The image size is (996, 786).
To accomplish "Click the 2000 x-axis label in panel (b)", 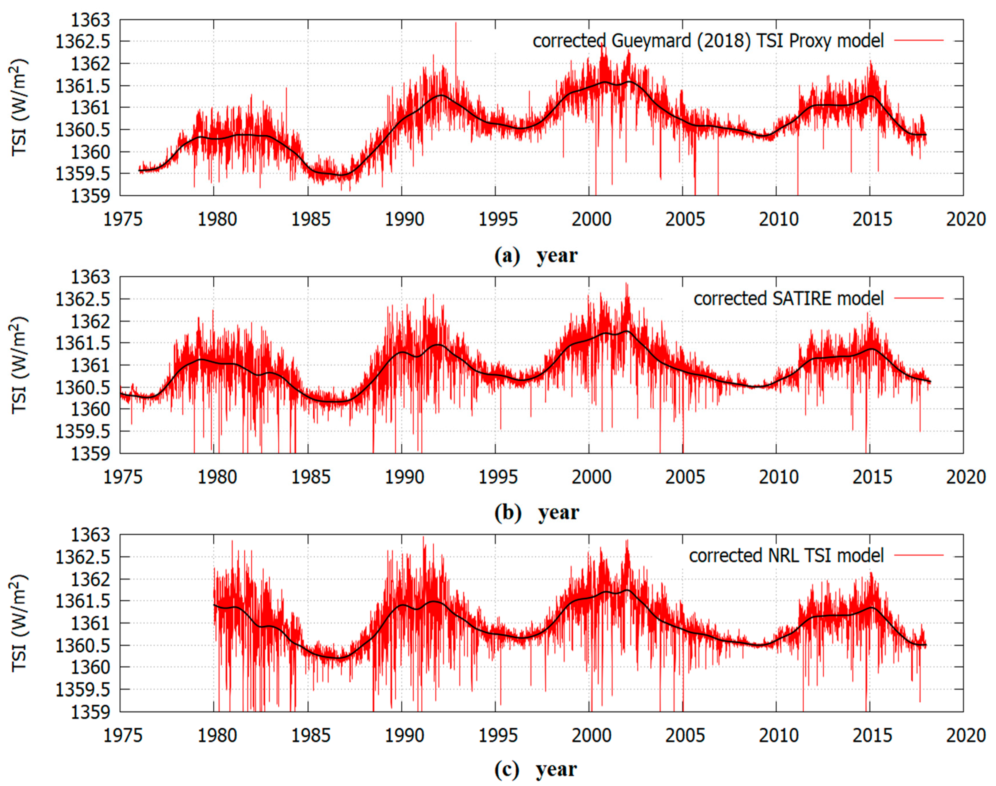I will click(591, 477).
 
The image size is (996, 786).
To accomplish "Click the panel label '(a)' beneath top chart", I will click(507, 256).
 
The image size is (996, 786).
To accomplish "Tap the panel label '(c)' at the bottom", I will click(507, 769).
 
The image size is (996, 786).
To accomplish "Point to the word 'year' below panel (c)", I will click(556, 769).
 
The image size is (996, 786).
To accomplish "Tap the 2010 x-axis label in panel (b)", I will click(778, 477).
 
